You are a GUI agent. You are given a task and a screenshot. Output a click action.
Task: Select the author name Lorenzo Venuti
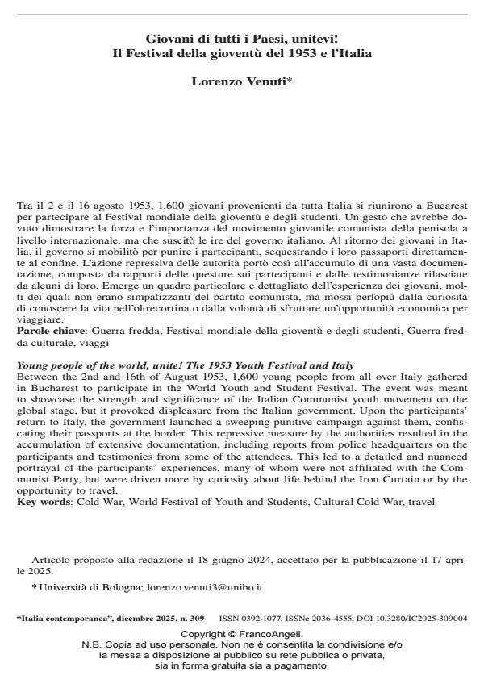pos(239,81)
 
